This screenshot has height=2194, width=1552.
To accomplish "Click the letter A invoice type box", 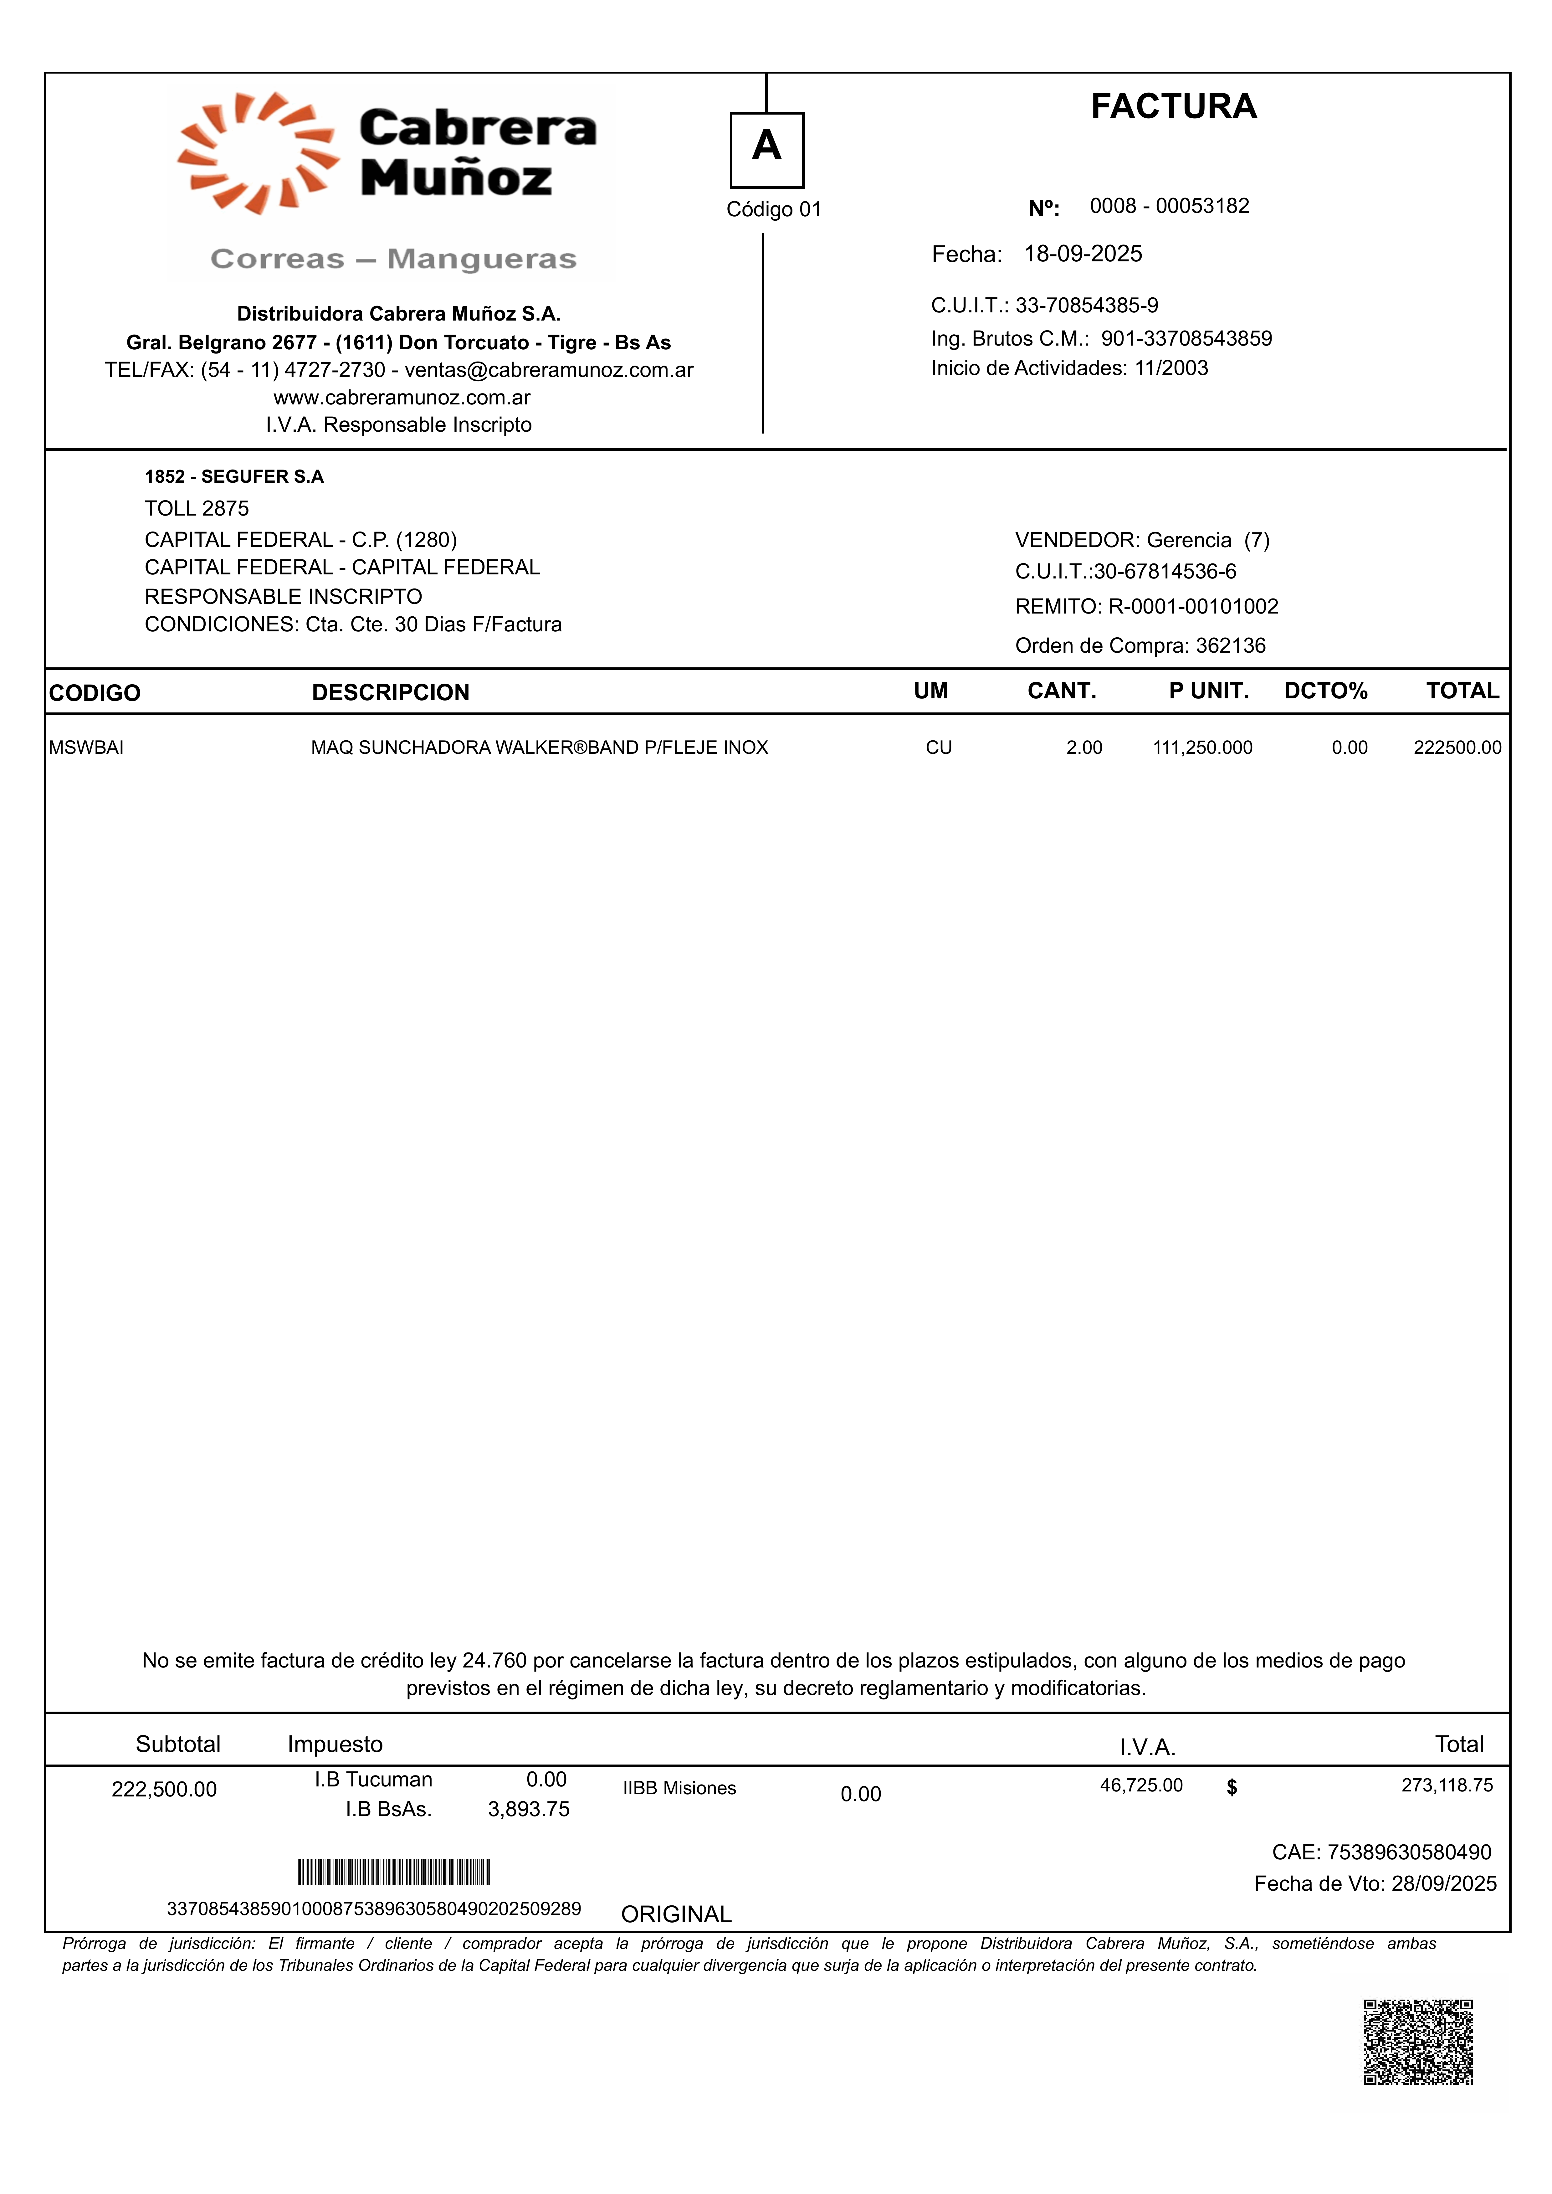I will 766,149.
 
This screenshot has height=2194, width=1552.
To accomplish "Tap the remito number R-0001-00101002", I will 1193,607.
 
